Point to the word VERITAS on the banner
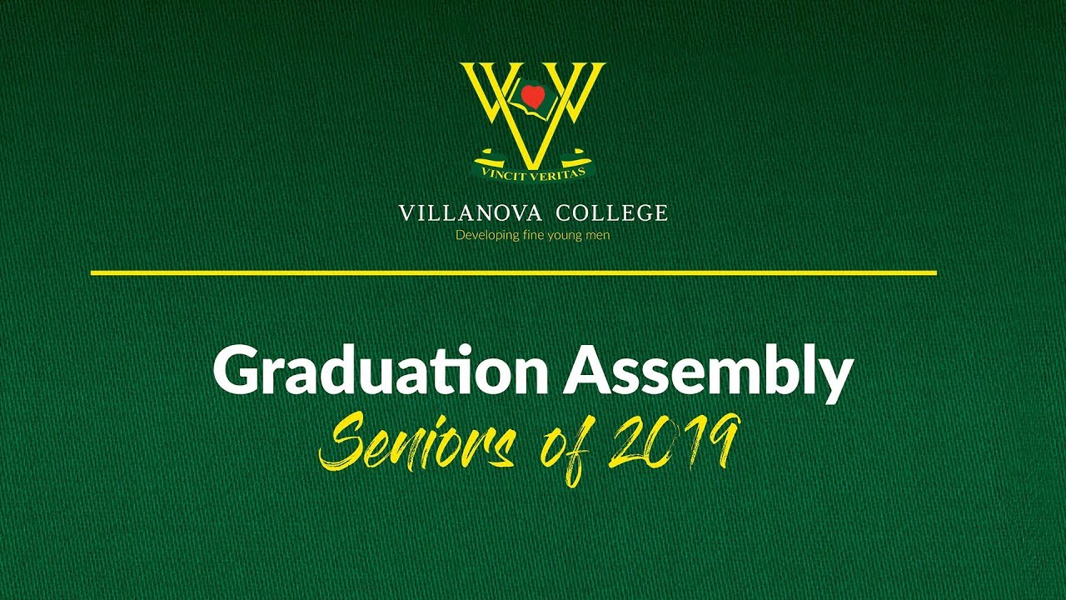(555, 171)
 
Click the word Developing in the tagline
(486, 236)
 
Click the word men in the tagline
(597, 235)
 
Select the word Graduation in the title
(380, 372)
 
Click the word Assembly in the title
(708, 372)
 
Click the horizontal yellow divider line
(513, 272)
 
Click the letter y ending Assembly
(835, 379)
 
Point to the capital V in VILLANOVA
(406, 213)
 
